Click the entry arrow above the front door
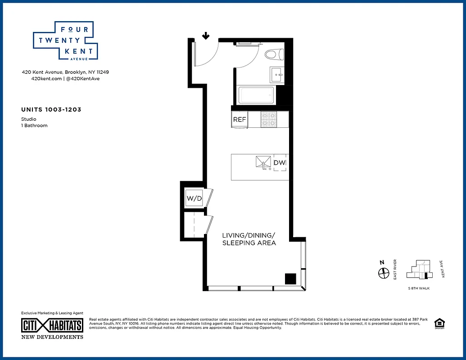pos(206,36)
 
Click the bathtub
pos(256,95)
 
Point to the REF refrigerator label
pos(240,120)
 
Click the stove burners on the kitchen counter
pos(269,119)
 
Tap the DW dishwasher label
pos(280,163)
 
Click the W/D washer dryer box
pos(194,198)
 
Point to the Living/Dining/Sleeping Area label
pos(249,239)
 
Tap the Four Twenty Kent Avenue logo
pos(66,41)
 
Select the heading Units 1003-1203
pos(51,109)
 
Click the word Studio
pos(29,119)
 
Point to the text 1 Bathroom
pos(34,126)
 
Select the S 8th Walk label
pos(418,288)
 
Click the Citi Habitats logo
pos(53,325)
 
